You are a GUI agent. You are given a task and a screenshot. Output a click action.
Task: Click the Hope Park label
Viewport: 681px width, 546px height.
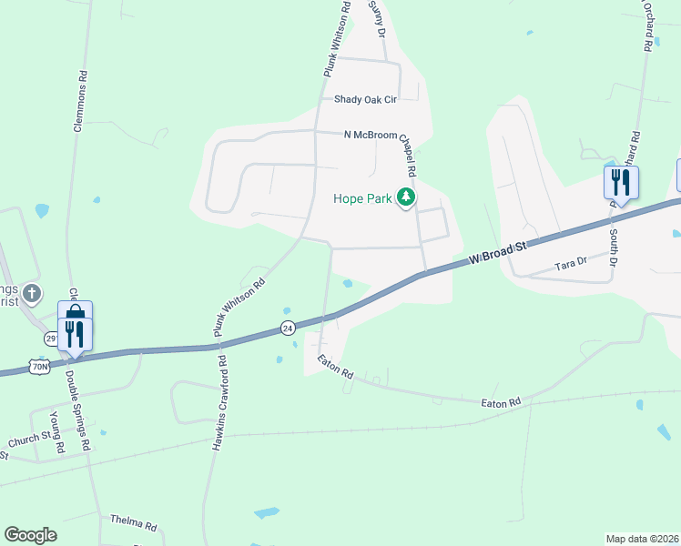click(x=361, y=197)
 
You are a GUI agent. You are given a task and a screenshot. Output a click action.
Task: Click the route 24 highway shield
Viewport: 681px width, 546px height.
click(x=288, y=327)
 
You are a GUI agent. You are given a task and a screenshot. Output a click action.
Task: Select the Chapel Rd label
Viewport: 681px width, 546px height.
click(x=406, y=155)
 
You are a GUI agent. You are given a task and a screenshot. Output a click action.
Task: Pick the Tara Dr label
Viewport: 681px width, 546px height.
click(x=571, y=265)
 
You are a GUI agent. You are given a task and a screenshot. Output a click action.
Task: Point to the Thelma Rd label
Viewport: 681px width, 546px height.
click(x=134, y=524)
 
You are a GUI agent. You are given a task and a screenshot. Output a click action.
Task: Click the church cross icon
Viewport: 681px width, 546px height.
click(x=32, y=293)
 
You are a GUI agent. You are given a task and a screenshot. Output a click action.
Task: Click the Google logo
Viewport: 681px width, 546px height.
click(x=30, y=535)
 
